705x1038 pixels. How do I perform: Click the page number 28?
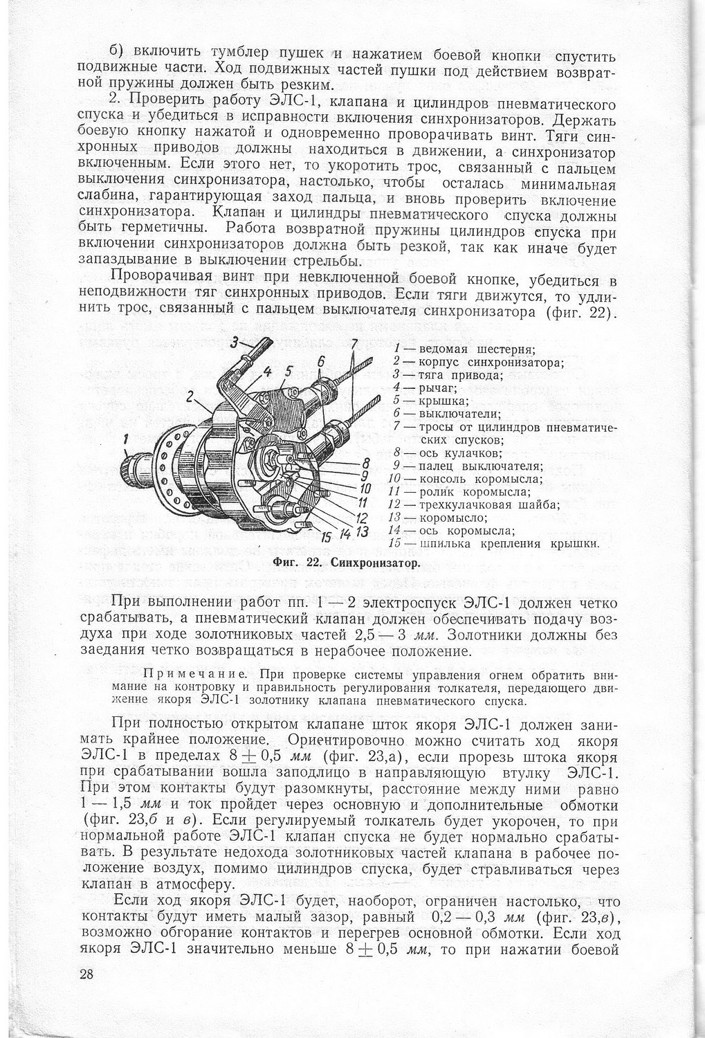tap(86, 974)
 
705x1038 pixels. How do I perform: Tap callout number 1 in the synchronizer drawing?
tap(125, 438)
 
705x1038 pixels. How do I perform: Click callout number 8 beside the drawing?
tap(366, 463)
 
